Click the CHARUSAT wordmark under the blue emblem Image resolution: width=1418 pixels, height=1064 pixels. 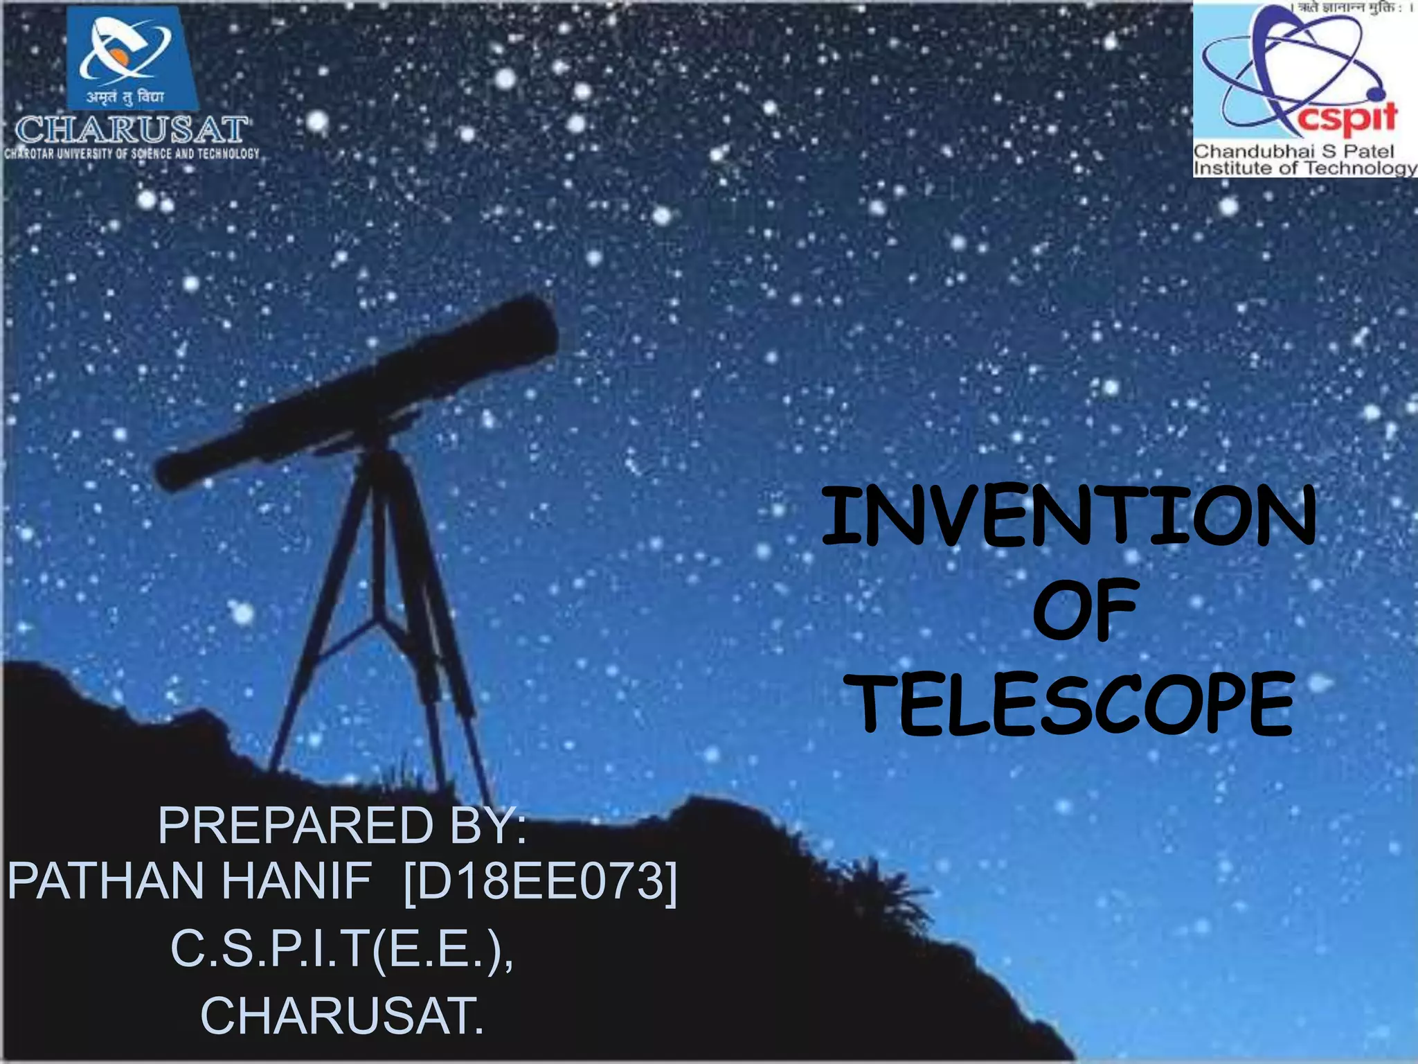(132, 130)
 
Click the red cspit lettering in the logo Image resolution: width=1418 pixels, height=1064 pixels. (1347, 118)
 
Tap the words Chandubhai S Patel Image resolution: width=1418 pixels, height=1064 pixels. (1293, 151)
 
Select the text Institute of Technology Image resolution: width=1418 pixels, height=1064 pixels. (1304, 168)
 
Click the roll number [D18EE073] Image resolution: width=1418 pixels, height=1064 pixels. (540, 882)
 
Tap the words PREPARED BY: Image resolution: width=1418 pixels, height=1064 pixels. (342, 826)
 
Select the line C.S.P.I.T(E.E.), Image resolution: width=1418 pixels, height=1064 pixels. (342, 949)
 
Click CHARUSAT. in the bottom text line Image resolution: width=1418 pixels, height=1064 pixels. (342, 1016)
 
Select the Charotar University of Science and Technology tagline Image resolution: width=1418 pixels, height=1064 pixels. (132, 154)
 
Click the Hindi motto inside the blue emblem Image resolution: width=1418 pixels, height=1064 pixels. (125, 97)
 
